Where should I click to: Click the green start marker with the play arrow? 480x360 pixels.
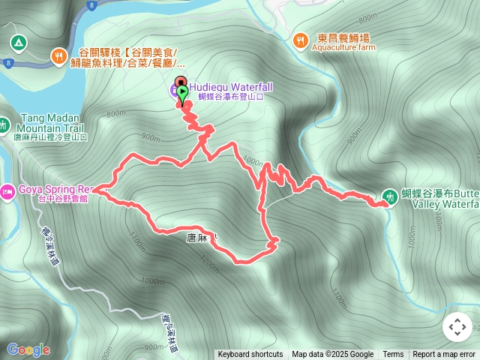pos(181,91)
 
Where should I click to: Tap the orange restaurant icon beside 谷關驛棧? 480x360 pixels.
pos(58,55)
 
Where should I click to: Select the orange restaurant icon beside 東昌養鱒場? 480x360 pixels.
pos(300,39)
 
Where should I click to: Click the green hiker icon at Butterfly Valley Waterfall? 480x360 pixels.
pos(389,197)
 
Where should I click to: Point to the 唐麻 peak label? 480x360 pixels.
pos(199,237)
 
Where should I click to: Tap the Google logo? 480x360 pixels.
pos(28,349)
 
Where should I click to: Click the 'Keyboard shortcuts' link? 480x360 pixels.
pos(250,355)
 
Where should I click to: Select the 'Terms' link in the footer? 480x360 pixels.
pos(393,355)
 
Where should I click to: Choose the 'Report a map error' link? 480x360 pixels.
pos(444,355)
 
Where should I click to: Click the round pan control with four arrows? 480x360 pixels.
pos(457,327)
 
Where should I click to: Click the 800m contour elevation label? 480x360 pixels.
pos(115,113)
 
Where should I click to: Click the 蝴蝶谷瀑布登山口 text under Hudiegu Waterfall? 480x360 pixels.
pos(231,97)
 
